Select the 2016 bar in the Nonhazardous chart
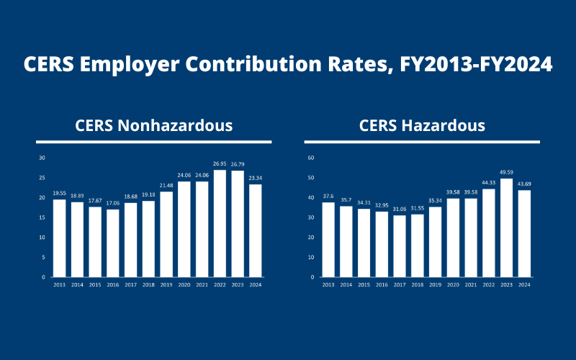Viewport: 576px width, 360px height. [x=113, y=243]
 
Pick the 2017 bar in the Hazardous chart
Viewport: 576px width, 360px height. [x=400, y=246]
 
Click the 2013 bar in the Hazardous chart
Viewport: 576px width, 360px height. [x=329, y=239]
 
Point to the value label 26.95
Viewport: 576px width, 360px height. [x=220, y=164]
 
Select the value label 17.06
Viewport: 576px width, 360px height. [x=113, y=203]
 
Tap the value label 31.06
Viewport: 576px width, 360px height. [x=400, y=210]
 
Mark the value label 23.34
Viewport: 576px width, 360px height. [x=256, y=179]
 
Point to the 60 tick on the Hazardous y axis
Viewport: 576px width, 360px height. [x=311, y=158]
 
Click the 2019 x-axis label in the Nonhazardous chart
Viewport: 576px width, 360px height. [x=166, y=285]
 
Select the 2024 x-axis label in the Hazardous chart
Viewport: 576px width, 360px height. [x=524, y=285]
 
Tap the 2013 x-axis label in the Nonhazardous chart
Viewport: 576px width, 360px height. [x=59, y=285]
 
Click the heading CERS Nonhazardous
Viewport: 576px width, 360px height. [x=154, y=125]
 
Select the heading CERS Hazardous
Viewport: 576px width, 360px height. [x=422, y=125]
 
